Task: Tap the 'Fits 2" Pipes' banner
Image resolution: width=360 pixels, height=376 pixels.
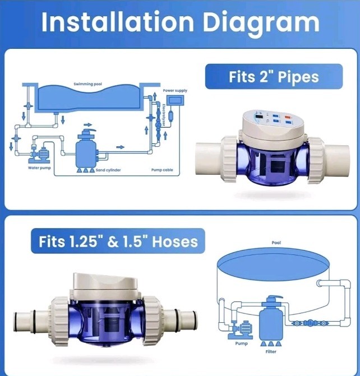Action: pyautogui.click(x=274, y=77)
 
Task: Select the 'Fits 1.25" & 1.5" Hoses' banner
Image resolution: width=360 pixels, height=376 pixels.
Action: pyautogui.click(x=118, y=242)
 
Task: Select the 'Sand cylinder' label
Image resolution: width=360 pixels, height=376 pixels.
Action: pyautogui.click(x=108, y=169)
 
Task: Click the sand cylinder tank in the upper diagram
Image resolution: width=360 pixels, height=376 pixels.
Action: pyautogui.click(x=89, y=149)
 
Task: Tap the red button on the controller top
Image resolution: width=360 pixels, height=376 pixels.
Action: pyautogui.click(x=287, y=119)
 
